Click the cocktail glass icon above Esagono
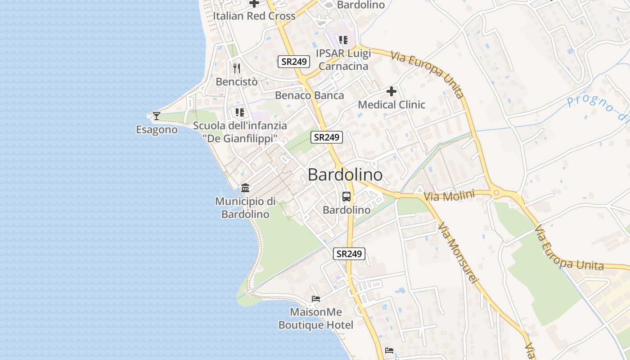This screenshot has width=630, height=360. click(156, 116)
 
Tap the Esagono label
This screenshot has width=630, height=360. click(157, 130)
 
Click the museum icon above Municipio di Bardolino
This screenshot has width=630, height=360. click(245, 188)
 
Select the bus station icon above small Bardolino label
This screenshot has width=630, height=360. click(346, 197)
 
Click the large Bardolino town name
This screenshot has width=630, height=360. click(345, 175)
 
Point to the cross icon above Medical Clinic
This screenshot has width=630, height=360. click(391, 91)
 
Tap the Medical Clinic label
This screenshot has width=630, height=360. click(391, 105)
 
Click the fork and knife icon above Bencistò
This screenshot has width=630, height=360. click(237, 68)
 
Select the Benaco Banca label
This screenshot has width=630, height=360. click(309, 95)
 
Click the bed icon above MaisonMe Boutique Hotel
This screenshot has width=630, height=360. click(316, 298)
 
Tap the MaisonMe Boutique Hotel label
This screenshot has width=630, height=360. click(316, 318)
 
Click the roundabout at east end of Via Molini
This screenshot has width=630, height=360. click(496, 193)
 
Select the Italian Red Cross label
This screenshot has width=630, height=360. click(254, 16)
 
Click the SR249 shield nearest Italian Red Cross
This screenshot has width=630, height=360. click(294, 62)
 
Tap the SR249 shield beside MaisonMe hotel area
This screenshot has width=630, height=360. click(349, 254)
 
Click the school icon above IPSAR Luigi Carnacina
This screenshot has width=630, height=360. click(343, 40)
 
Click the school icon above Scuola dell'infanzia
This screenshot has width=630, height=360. click(240, 112)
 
